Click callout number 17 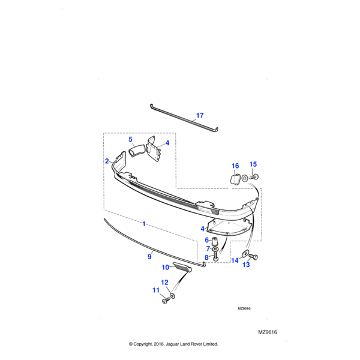[x=200, y=115]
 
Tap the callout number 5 [x=130, y=139]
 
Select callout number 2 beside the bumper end [x=107, y=161]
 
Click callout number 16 [x=235, y=166]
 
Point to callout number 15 [x=253, y=164]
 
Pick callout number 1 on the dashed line [x=144, y=224]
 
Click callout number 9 [x=149, y=256]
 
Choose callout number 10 [x=166, y=268]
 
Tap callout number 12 [x=164, y=283]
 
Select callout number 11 [x=156, y=290]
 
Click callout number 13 [x=246, y=265]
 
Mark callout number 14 [x=235, y=260]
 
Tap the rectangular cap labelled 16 [x=235, y=179]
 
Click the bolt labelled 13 [x=253, y=256]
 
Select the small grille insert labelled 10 [x=183, y=267]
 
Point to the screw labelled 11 [x=166, y=301]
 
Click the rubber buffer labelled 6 [x=215, y=241]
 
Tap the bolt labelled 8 [x=215, y=256]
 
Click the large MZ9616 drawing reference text [x=268, y=332]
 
